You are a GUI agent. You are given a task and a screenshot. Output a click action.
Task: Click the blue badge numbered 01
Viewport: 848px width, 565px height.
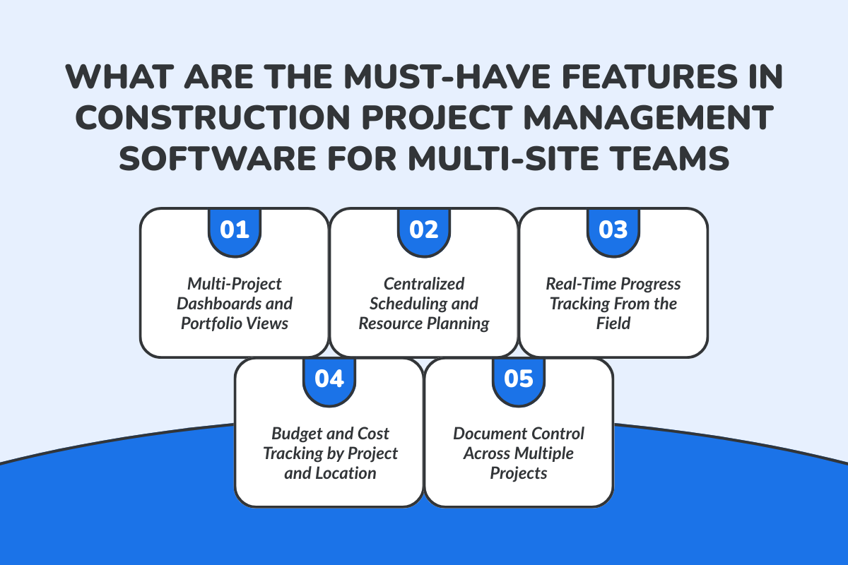click(x=235, y=230)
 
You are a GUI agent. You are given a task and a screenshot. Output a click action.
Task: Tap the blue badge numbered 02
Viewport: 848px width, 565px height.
click(x=424, y=230)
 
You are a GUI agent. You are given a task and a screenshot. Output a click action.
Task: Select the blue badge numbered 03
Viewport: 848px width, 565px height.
click(x=613, y=230)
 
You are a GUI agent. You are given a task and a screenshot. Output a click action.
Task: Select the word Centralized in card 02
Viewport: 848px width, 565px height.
click(x=424, y=284)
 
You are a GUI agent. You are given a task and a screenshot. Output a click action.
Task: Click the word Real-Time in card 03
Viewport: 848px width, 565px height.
click(x=579, y=284)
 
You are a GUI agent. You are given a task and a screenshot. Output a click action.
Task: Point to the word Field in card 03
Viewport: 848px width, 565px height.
click(x=613, y=323)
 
